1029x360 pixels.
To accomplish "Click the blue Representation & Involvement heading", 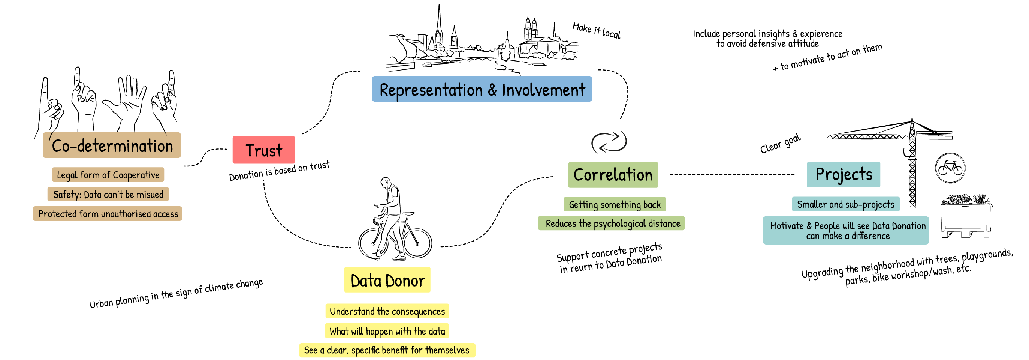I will pos(482,89).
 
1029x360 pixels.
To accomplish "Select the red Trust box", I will pos(264,150).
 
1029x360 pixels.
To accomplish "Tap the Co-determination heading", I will pos(112,145).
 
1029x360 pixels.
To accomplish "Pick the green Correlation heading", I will pos(613,175).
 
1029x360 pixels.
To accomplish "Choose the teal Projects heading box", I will pos(843,175).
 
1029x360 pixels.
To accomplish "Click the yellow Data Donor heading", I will pos(387,280).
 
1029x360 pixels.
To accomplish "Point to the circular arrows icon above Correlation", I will pos(609,142).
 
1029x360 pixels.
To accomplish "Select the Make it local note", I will pos(597,30).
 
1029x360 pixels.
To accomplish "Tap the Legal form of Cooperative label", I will pos(108,175).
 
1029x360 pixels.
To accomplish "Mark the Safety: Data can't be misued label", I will pos(108,194).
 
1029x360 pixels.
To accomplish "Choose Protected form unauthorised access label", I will pos(108,214).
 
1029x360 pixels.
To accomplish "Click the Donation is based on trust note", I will pos(279,171).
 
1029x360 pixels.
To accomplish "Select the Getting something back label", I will pos(615,205).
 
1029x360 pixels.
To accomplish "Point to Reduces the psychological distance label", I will pos(612,223).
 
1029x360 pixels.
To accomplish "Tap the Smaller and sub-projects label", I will pos(846,204).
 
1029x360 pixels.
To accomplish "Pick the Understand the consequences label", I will pos(387,311).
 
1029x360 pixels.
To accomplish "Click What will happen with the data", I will pos(387,331).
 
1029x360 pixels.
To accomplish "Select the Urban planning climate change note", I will pos(176,293).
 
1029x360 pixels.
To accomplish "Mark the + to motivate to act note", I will pos(827,57).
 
